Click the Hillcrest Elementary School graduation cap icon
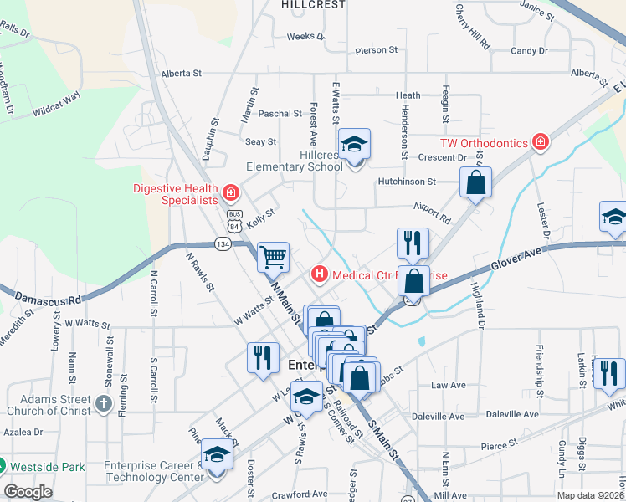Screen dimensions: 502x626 (x=354, y=145)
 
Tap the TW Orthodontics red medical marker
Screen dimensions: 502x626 (x=541, y=142)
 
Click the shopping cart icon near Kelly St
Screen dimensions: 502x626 (x=273, y=258)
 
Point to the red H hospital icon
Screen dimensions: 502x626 (x=319, y=274)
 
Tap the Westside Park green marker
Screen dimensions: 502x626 (x=3, y=466)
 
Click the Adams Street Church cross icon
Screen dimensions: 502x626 (x=102, y=405)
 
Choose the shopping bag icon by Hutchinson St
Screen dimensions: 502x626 (x=475, y=182)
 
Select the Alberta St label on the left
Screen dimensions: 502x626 (x=182, y=74)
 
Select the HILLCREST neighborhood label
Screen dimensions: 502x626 (x=313, y=5)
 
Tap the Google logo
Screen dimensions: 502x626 (x=28, y=492)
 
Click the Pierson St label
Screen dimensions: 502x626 (x=374, y=50)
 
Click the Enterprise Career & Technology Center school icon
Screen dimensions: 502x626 (x=217, y=457)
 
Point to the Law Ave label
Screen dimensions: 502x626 (x=448, y=386)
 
